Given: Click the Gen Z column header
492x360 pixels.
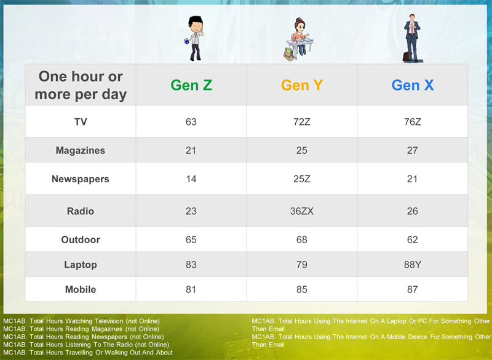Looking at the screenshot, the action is coord(191,85).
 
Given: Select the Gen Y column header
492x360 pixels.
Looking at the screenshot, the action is coord(301,85).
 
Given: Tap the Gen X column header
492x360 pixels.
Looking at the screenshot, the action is coord(412,85).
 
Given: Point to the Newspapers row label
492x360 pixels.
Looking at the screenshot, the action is coord(81,179).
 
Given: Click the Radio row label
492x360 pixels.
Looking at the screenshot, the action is coord(81,211).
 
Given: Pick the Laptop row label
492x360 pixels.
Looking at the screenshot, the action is coord(81,265).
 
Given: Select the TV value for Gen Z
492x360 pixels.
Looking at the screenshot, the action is coord(191,122).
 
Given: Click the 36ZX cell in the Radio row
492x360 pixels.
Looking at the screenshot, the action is coord(301,211).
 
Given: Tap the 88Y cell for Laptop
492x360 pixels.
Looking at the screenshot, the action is coord(412,265).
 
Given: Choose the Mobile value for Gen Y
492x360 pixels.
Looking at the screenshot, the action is coord(301,289).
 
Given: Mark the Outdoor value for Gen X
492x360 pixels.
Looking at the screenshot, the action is coord(412,240).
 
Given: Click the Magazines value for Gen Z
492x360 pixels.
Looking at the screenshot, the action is coord(191,150).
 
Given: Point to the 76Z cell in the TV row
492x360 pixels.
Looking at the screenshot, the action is coord(412,122).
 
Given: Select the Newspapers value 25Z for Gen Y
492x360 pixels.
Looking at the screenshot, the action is coord(301,179).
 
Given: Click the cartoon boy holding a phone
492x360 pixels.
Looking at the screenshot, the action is coord(195,38).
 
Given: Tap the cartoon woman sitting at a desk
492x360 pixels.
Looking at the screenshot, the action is coord(299,39).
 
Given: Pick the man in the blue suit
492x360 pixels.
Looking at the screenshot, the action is coord(412,38).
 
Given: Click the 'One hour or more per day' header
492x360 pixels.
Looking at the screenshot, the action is coord(81,86).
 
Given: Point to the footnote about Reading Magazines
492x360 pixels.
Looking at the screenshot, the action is coord(81,329).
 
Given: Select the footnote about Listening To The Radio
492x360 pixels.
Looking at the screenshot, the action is coord(86,345).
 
